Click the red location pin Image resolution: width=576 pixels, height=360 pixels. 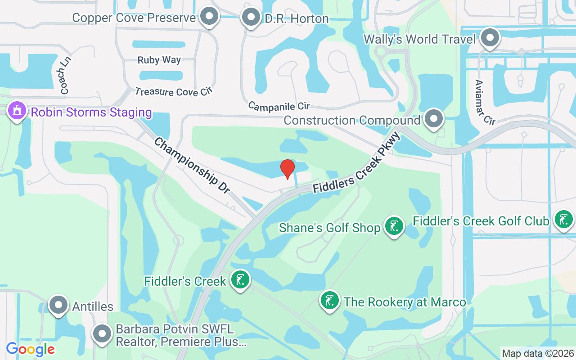287,169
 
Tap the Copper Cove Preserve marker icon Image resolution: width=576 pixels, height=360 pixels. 208,17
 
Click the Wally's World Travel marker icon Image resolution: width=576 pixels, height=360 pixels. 490,38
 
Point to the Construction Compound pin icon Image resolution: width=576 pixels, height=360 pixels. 434,119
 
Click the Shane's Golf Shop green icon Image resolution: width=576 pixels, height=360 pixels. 394,227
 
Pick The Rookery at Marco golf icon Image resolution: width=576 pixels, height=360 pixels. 330,301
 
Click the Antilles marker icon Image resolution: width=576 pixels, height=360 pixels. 58,306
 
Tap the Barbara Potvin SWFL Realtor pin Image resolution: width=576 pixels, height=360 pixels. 102,334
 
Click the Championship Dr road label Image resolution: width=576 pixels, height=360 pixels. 192,166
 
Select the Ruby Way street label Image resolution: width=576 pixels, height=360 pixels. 159,60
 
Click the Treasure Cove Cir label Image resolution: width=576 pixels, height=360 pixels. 173,91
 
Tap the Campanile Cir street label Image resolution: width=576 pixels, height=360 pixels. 279,106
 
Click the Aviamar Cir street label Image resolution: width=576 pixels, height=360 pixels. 485,102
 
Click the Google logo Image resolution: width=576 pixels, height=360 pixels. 31,349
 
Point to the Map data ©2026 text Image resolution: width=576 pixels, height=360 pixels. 538,353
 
